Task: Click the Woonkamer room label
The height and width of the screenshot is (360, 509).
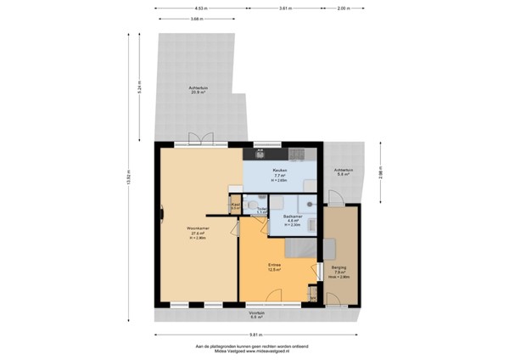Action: pyautogui.click(x=199, y=229)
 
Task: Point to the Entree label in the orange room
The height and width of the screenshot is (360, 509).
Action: pyautogui.click(x=275, y=266)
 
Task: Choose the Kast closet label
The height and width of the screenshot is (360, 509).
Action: pyautogui.click(x=235, y=204)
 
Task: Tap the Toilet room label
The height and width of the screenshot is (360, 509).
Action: pyautogui.click(x=263, y=209)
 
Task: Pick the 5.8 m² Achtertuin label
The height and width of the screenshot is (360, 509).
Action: pyautogui.click(x=343, y=171)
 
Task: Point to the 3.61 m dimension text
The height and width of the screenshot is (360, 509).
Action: pyautogui.click(x=285, y=8)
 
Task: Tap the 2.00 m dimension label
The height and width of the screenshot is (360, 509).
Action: pyautogui.click(x=343, y=8)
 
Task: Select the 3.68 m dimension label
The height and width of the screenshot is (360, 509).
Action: pyautogui.click(x=197, y=18)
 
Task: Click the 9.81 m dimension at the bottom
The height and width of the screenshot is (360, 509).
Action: pyautogui.click(x=255, y=335)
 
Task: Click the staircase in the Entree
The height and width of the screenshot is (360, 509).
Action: pyautogui.click(x=299, y=248)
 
